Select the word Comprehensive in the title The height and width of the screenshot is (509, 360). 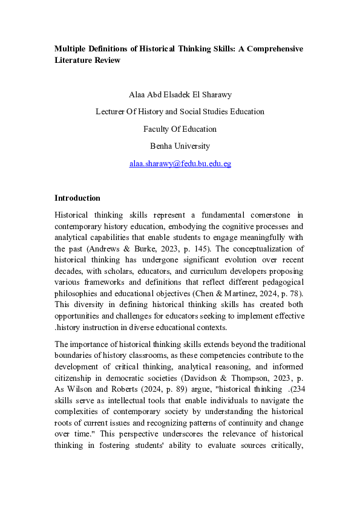click(x=273, y=48)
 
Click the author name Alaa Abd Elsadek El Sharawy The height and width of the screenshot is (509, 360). click(x=180, y=95)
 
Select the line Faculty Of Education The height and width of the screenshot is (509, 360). click(x=180, y=129)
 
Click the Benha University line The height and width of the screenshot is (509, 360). click(x=180, y=146)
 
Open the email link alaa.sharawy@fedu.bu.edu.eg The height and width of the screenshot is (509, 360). click(x=180, y=163)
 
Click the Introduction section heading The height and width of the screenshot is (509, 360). click(x=77, y=198)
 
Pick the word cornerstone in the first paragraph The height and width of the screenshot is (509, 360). click(x=270, y=215)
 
